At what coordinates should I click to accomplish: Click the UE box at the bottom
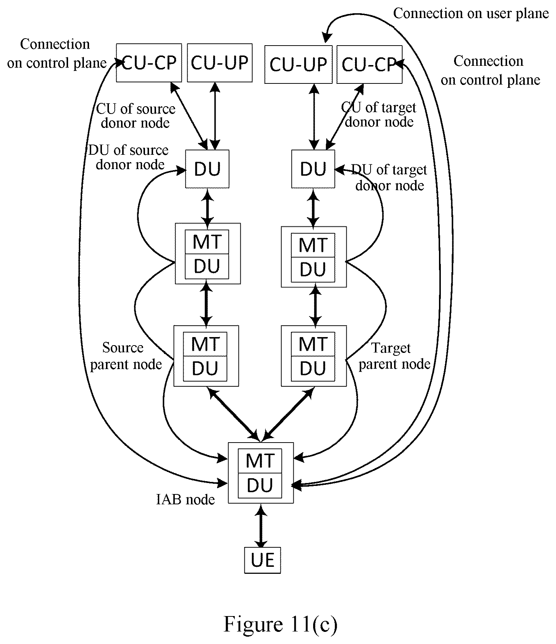[262, 560]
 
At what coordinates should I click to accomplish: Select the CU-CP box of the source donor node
[149, 63]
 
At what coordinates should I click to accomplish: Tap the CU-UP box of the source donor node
[220, 63]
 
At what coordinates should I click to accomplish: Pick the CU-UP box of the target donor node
[298, 65]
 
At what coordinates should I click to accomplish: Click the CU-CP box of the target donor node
[369, 65]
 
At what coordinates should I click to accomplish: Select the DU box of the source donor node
[207, 169]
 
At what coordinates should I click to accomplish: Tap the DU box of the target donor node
[313, 169]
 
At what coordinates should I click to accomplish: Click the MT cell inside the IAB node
[260, 461]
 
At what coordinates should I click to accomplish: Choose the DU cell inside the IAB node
[260, 485]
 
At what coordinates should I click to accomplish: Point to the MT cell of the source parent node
[206, 344]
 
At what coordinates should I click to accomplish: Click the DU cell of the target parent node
[313, 368]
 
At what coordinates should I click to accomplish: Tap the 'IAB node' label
[185, 500]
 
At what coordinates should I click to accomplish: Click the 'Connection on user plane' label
[471, 14]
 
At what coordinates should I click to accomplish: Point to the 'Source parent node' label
[126, 356]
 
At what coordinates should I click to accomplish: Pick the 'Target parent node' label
[394, 356]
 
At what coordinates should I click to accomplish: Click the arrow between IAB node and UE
[261, 526]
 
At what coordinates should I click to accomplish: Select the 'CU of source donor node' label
[135, 115]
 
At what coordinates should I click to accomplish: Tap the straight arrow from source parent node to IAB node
[234, 414]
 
